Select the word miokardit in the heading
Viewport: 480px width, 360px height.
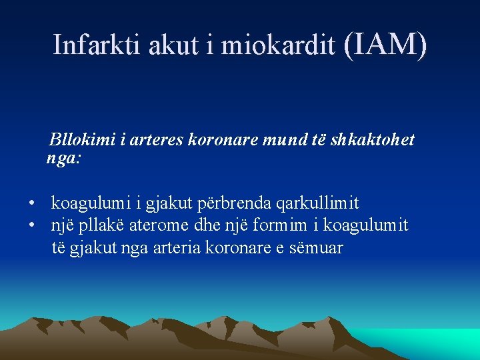coord(278,45)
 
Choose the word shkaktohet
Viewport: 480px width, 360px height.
coord(377,141)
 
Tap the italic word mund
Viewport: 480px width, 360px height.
coord(282,141)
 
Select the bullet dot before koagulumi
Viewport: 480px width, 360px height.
coord(31,203)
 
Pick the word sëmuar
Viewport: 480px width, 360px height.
coord(317,248)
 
